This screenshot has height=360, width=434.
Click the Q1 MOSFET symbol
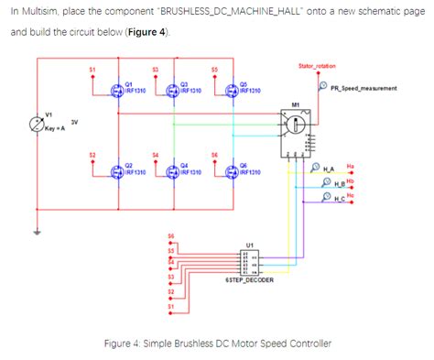pos(116,90)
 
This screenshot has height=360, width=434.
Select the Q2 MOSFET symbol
pos(116,171)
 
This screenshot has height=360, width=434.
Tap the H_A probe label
pos(333,169)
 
